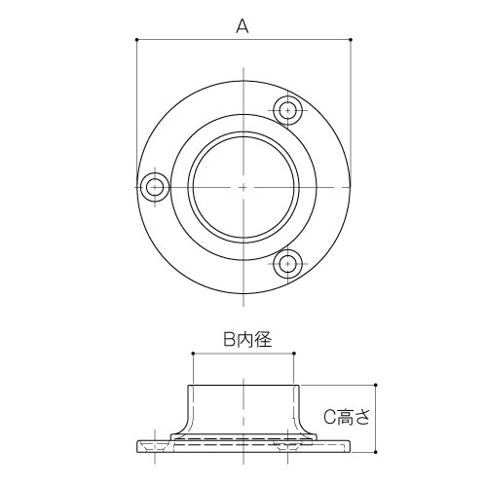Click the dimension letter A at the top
[243, 27]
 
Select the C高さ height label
[348, 417]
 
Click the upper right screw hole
[287, 109]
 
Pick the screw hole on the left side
[153, 186]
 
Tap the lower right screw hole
[287, 262]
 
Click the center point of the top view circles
[243, 186]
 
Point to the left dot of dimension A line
[136, 40]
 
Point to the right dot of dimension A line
[350, 40]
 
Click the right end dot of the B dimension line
[293, 355]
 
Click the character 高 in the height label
[351, 417]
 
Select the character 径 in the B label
[261, 339]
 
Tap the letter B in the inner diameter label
[230, 339]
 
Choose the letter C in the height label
[330, 417]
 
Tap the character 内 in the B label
[245, 339]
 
